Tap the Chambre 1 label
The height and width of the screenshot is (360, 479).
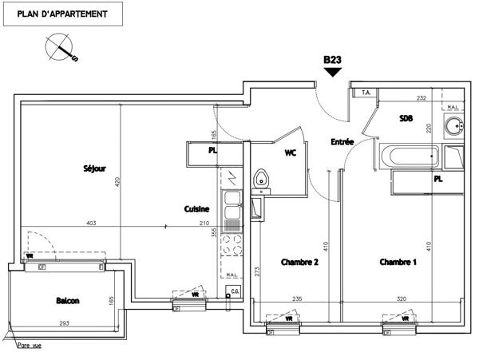(x=397, y=262)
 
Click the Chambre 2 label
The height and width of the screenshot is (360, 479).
(x=299, y=262)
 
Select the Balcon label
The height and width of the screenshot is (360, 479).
(x=67, y=301)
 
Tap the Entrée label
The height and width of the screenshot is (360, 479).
(x=342, y=142)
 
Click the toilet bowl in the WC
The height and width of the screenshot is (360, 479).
(x=260, y=180)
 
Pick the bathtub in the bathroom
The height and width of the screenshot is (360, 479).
(x=410, y=155)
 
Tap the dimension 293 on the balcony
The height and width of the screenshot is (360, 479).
(x=63, y=324)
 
